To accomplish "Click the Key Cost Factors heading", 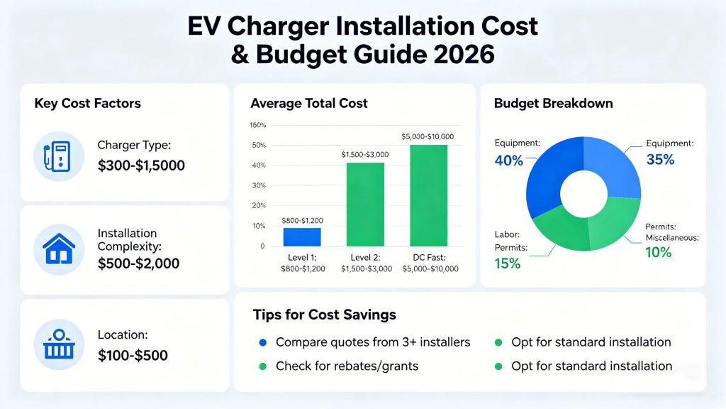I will [x=87, y=103].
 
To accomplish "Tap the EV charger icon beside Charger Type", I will [x=59, y=156].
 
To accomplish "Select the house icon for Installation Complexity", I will [x=59, y=249].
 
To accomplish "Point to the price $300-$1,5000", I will [x=141, y=166].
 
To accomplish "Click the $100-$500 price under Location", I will [x=133, y=355].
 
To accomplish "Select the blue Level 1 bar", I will [x=302, y=236].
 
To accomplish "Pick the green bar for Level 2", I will [x=366, y=204].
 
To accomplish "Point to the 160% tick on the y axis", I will [x=257, y=126].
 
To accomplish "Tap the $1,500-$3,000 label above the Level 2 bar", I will [x=366, y=154].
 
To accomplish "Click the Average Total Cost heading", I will [x=309, y=103].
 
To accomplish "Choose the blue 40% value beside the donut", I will [x=508, y=160].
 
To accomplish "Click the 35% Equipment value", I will [x=660, y=160].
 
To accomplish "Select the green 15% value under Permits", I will [x=507, y=263].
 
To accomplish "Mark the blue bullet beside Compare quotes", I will [x=263, y=342].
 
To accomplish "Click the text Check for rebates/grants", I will [x=347, y=366].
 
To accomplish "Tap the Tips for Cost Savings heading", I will [x=324, y=314].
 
